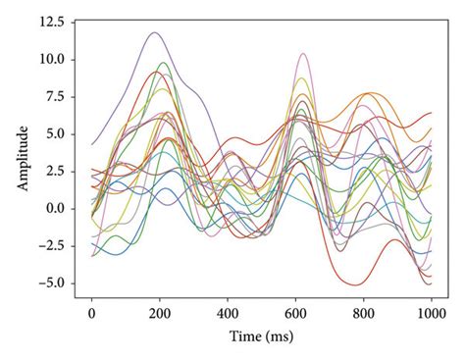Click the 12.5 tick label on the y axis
coord(49,21)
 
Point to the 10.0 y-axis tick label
coord(49,59)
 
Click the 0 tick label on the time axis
coord(91,314)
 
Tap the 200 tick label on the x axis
coord(160,314)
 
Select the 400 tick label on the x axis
coord(228,314)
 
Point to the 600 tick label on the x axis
coord(295,314)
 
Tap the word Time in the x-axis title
coord(245,335)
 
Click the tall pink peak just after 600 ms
coord(303,54)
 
